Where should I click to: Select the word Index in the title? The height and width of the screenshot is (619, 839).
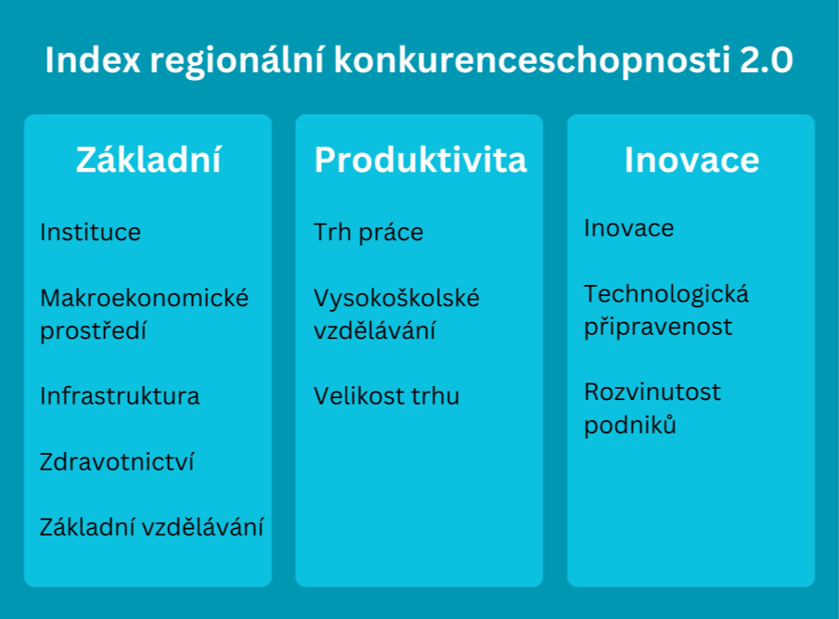pyautogui.click(x=93, y=59)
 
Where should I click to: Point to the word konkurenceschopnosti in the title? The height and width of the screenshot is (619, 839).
pyautogui.click(x=532, y=59)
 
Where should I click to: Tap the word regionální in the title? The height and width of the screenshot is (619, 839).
pyautogui.click(x=237, y=60)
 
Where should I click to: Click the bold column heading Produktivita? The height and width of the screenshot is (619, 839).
pyautogui.click(x=420, y=160)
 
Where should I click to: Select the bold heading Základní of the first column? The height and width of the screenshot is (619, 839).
pyautogui.click(x=148, y=160)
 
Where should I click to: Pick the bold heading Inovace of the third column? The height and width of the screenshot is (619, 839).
pyautogui.click(x=691, y=160)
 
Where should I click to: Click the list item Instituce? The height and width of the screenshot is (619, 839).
pyautogui.click(x=90, y=232)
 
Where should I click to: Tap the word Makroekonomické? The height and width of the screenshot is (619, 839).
pyautogui.click(x=145, y=298)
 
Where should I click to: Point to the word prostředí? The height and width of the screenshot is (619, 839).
pyautogui.click(x=93, y=330)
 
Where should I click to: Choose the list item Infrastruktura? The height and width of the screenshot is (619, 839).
pyautogui.click(x=120, y=396)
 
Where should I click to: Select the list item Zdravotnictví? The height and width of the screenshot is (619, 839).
pyautogui.click(x=117, y=462)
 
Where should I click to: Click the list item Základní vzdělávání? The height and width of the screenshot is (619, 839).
pyautogui.click(x=151, y=527)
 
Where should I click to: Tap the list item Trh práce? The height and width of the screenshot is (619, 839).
pyautogui.click(x=368, y=233)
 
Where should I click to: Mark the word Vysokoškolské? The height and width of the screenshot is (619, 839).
pyautogui.click(x=396, y=298)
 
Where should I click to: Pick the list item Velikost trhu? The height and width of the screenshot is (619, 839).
pyautogui.click(x=386, y=396)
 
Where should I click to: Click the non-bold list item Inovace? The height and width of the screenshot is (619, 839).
pyautogui.click(x=629, y=228)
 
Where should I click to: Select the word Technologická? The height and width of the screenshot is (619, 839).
pyautogui.click(x=666, y=294)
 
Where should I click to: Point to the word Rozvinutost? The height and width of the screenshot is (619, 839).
pyautogui.click(x=652, y=393)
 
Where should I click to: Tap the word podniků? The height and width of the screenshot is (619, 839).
pyautogui.click(x=630, y=425)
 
